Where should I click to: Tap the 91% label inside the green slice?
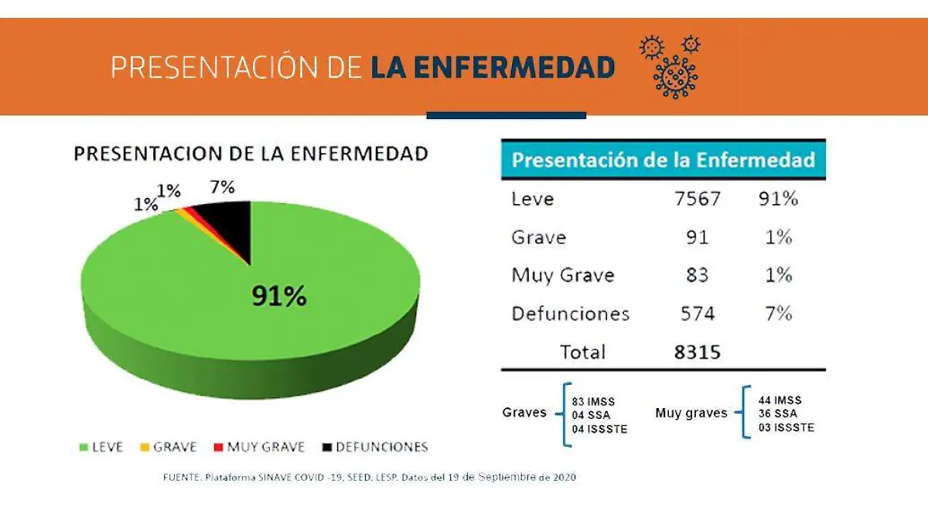point(278,295)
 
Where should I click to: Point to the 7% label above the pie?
point(222,187)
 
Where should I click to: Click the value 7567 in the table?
point(697,199)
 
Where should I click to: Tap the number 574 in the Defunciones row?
point(697,314)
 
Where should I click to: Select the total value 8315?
point(697,352)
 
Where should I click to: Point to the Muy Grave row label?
point(562,275)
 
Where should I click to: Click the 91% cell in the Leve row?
point(778,199)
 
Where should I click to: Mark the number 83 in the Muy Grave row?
point(697,275)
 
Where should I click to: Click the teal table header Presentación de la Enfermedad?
point(663,160)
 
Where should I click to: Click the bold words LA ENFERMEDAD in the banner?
point(493,68)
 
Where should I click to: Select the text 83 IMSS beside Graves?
point(593,402)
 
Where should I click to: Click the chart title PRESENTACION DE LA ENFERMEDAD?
point(251,153)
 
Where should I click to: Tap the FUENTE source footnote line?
point(369,477)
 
